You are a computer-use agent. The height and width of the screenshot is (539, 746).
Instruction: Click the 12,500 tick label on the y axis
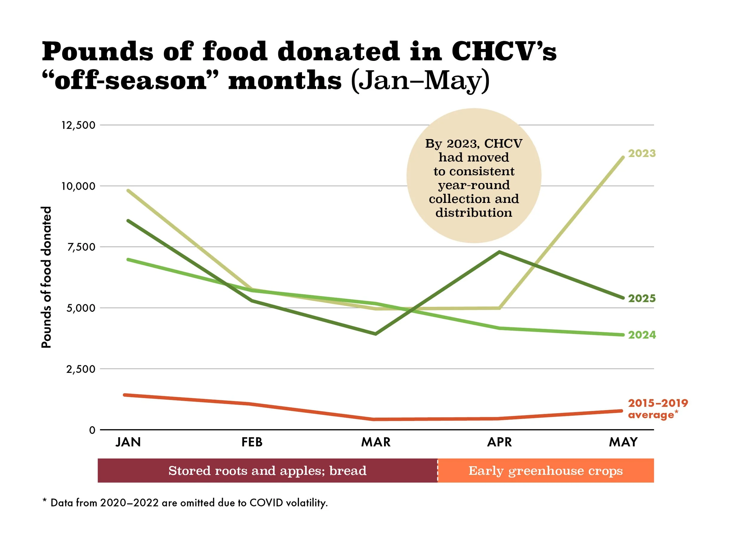[x=78, y=125]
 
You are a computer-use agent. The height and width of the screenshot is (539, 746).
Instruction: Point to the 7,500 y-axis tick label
[x=81, y=247]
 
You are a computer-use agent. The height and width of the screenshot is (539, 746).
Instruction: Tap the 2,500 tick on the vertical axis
[x=81, y=369]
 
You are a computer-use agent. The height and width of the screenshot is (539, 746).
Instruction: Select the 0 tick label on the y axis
[x=92, y=430]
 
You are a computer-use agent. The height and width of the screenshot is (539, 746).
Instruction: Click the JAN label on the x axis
[x=128, y=442]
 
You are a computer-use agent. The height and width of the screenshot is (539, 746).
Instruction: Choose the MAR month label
[x=376, y=442]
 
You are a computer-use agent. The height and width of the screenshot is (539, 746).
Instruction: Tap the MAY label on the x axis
[x=623, y=442]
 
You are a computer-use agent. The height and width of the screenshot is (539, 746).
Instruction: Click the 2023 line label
[x=642, y=153]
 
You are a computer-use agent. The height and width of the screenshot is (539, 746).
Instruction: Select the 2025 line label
[x=642, y=298]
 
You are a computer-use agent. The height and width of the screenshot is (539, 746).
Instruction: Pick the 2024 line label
[x=642, y=335]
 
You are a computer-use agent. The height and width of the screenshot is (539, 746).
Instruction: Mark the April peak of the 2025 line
[x=499, y=252]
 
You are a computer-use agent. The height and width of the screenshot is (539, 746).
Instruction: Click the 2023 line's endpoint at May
[x=623, y=157]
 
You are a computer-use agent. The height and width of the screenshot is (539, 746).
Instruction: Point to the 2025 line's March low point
[x=376, y=334]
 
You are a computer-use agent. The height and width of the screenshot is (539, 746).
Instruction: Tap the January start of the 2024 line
[x=128, y=260]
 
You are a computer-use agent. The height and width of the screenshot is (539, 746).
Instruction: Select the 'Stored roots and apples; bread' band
[x=267, y=471]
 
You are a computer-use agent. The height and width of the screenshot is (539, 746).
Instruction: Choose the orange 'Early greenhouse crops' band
[x=545, y=471]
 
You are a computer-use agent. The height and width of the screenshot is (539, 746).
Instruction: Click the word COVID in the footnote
[x=266, y=503]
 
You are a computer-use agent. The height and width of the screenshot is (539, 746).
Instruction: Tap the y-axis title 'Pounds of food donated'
[x=46, y=277]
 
